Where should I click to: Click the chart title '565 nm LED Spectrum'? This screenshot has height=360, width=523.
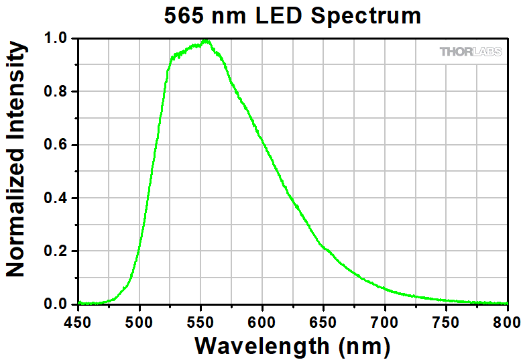[292, 15]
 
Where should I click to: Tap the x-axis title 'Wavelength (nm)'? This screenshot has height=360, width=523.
[292, 346]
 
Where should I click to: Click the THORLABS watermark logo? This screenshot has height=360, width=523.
[470, 52]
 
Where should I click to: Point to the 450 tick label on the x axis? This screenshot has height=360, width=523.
[78, 320]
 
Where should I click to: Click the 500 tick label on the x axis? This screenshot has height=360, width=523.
[139, 320]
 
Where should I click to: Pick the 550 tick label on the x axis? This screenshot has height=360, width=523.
[201, 320]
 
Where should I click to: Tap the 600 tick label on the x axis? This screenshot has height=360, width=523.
[262, 320]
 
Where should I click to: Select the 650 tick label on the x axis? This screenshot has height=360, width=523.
[324, 320]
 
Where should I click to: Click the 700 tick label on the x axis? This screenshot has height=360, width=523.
[385, 320]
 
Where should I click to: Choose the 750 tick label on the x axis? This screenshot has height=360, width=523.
[447, 320]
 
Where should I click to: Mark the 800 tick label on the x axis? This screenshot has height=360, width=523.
[507, 320]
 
